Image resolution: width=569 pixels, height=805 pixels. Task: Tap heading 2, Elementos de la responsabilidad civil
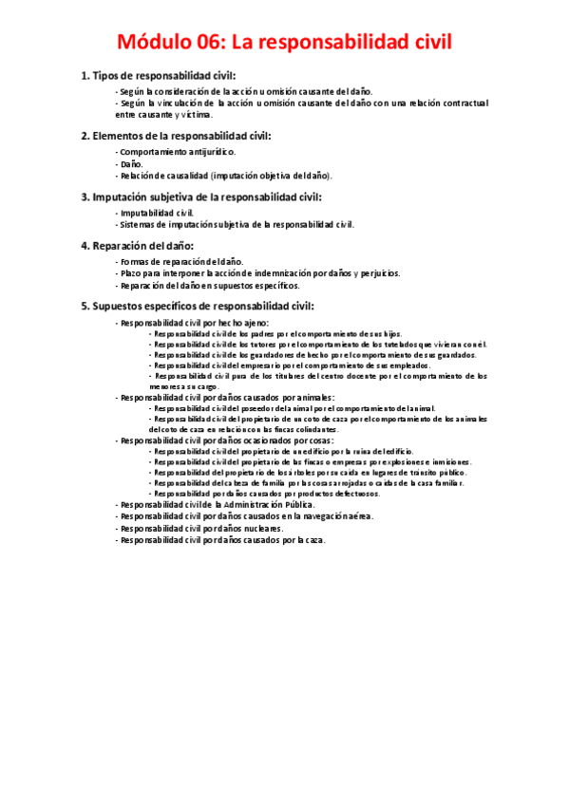(x=176, y=136)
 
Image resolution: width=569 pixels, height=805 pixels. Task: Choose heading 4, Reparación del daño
(x=140, y=246)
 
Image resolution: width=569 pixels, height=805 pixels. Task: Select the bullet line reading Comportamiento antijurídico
(x=176, y=152)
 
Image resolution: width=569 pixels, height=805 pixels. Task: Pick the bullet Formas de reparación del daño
(x=180, y=261)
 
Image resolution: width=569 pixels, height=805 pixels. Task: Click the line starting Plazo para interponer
(x=257, y=273)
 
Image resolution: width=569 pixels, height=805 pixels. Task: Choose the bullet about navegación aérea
(x=244, y=516)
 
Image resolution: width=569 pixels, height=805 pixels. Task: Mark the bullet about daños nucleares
(x=199, y=528)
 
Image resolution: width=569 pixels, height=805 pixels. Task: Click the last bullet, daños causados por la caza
(x=220, y=539)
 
